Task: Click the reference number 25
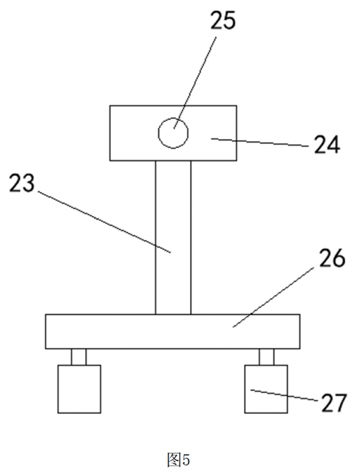click(x=223, y=21)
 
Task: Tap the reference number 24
click(x=327, y=145)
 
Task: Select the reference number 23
click(x=22, y=183)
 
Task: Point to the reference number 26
click(x=332, y=258)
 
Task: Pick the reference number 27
click(x=334, y=403)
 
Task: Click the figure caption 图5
click(x=178, y=460)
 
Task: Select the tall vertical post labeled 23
click(x=173, y=237)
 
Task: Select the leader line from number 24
click(x=259, y=143)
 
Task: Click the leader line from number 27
click(x=285, y=395)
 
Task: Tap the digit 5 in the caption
click(x=186, y=460)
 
